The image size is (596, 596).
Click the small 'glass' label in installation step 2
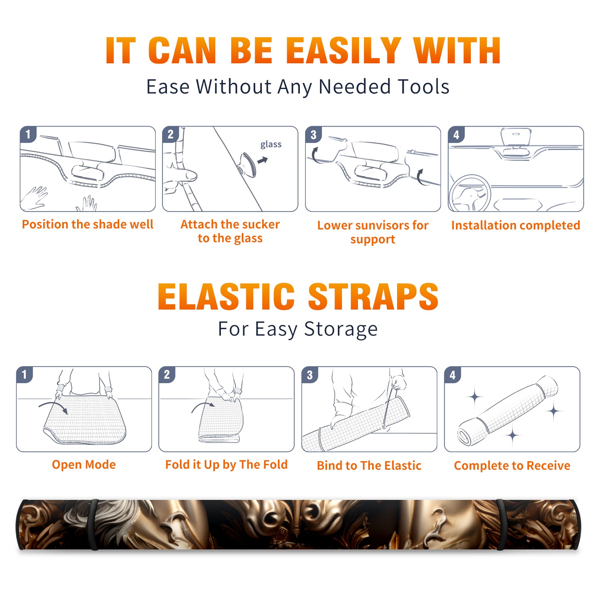click(271, 145)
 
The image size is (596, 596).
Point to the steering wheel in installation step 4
click(470, 194)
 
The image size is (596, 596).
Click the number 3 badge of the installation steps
click(313, 134)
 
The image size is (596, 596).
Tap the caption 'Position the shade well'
click(88, 224)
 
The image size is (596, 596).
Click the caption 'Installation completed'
click(516, 225)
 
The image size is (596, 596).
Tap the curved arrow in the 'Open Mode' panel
click(54, 406)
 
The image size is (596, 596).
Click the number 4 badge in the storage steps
click(452, 375)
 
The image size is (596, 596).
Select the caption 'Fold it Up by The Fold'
click(226, 465)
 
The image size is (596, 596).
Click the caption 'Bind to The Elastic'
click(369, 465)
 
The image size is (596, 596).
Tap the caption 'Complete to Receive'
click(512, 465)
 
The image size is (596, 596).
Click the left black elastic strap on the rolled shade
click(94, 524)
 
